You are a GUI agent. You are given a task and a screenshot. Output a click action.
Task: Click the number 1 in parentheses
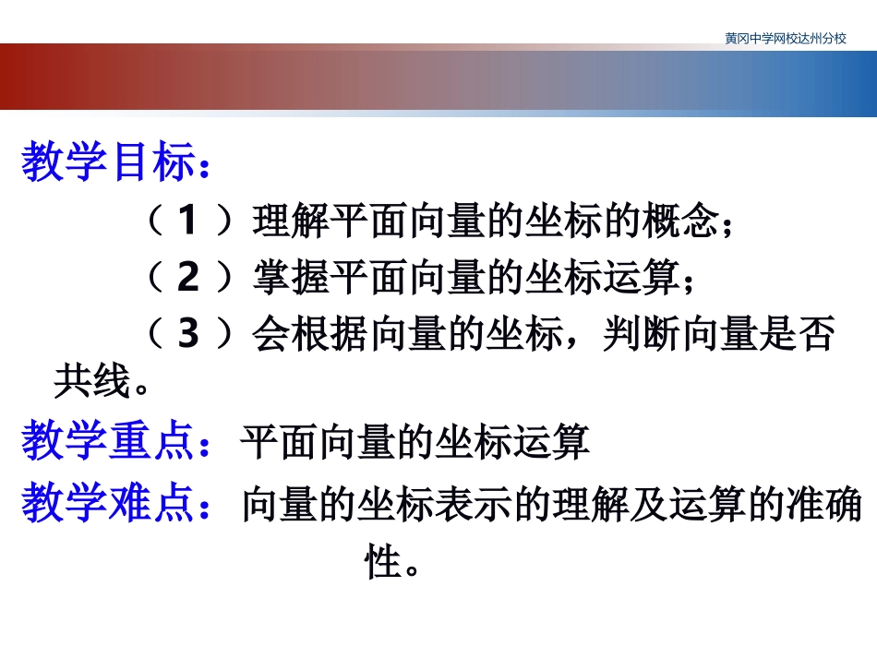[x=187, y=221]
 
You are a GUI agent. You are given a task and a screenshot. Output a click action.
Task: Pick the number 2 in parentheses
[x=187, y=278]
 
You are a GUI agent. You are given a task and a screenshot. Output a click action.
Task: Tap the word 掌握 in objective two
[x=291, y=278]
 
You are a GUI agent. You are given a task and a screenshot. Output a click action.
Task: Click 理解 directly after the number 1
[x=291, y=221]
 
